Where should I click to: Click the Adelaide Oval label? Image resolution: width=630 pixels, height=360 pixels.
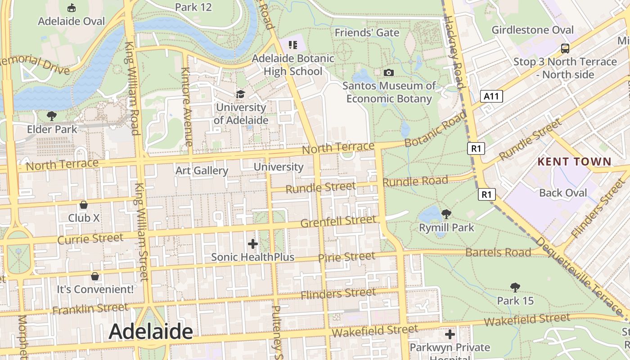pos(71,21)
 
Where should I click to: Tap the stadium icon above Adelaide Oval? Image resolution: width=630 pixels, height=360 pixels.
pos(71,8)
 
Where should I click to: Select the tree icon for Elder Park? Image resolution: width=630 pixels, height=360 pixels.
pos(52,116)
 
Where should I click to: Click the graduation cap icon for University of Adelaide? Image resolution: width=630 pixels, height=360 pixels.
pos(241,94)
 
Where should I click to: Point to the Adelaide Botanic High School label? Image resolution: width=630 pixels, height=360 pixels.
pos(293,65)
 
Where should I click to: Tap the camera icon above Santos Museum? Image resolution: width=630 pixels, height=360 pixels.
pos(389,72)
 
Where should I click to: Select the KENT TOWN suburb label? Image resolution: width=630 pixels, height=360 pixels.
pos(575,162)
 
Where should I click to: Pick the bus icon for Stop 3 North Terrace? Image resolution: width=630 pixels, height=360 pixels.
pos(565,49)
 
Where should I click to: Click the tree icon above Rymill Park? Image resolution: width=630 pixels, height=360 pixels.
pos(446,214)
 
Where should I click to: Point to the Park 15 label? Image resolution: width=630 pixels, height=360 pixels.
pos(515,300)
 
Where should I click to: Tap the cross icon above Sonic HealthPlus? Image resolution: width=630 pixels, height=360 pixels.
pos(253,244)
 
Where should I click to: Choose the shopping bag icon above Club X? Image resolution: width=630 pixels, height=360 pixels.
pos(83,205)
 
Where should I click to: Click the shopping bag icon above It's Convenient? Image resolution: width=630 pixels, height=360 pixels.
pos(94,276)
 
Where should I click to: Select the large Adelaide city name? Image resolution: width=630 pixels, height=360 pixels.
pos(151,332)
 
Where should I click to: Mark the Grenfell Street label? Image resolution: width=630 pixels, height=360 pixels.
pos(337,221)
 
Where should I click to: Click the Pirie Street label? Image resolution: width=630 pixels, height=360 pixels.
pos(346,257)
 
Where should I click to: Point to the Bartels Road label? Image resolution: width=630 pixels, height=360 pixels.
pos(498,252)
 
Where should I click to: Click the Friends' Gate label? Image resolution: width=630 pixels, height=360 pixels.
pos(367,33)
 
